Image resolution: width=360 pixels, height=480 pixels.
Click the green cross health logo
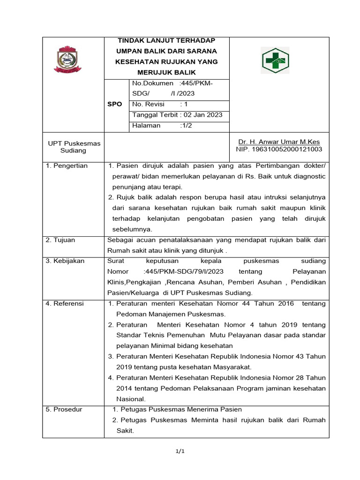[x=275, y=60]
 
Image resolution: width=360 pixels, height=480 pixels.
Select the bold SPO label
[x=114, y=104]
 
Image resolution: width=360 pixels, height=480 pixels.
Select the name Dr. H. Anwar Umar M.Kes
[x=279, y=142]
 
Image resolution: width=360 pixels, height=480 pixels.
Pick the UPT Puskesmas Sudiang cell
[x=73, y=147]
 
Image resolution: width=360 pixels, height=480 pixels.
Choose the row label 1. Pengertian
[x=67, y=166]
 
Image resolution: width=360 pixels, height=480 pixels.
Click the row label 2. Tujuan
[x=60, y=240]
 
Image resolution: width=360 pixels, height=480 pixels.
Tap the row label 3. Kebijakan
[x=65, y=261]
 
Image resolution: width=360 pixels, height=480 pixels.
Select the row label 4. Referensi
[x=65, y=304]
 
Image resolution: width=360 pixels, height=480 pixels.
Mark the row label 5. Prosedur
[x=64, y=409]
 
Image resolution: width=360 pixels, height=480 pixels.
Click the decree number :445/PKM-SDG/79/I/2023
[x=183, y=271]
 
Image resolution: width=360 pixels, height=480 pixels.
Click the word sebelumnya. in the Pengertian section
[x=132, y=229]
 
